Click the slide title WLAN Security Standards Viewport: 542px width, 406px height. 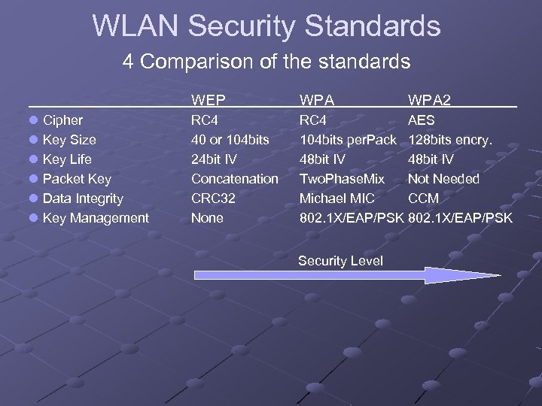(266, 26)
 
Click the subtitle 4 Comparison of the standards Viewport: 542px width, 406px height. (266, 61)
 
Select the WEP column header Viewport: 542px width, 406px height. (208, 100)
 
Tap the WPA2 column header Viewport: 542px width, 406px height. (429, 100)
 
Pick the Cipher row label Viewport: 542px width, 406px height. (62, 120)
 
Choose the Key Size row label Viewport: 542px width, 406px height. (69, 140)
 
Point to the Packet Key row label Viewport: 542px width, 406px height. (77, 179)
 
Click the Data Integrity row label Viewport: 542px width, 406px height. (83, 198)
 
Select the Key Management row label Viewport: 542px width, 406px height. (96, 218)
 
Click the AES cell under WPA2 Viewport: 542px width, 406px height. (421, 120)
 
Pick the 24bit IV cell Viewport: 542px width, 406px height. (214, 159)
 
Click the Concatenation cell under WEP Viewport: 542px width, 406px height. (234, 179)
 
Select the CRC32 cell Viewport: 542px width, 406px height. (213, 198)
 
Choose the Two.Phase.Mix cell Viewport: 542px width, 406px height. (342, 179)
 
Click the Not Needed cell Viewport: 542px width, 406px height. (443, 179)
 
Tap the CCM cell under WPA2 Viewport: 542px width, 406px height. (423, 198)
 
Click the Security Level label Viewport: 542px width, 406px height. (340, 261)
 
